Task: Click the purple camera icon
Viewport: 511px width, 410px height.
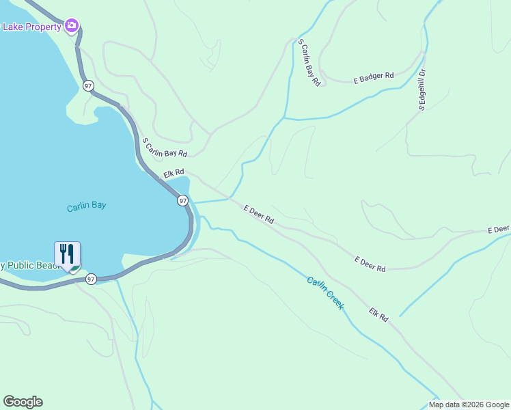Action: pos(72,26)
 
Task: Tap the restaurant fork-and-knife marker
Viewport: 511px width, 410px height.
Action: pos(67,254)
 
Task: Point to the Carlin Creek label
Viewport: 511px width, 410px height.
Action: pos(324,293)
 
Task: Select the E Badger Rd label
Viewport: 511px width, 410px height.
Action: pos(374,79)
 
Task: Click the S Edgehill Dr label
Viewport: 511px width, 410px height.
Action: pos(422,90)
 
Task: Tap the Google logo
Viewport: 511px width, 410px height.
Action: pos(23,402)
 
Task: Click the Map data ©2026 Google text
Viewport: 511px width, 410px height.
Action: pos(469,405)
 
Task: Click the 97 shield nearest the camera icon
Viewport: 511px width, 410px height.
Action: pos(88,85)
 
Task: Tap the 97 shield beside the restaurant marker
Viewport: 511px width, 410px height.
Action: pos(91,279)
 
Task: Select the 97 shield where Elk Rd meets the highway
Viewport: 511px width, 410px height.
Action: pos(182,200)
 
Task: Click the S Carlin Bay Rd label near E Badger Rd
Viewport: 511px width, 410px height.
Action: pos(309,62)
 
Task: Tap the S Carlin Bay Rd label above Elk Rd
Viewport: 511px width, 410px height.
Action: pos(164,148)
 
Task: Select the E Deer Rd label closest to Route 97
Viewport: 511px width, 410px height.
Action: pos(259,215)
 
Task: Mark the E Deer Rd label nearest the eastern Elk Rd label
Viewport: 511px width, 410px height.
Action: pos(370,264)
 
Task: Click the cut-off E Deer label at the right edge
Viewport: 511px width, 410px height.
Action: pos(499,229)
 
